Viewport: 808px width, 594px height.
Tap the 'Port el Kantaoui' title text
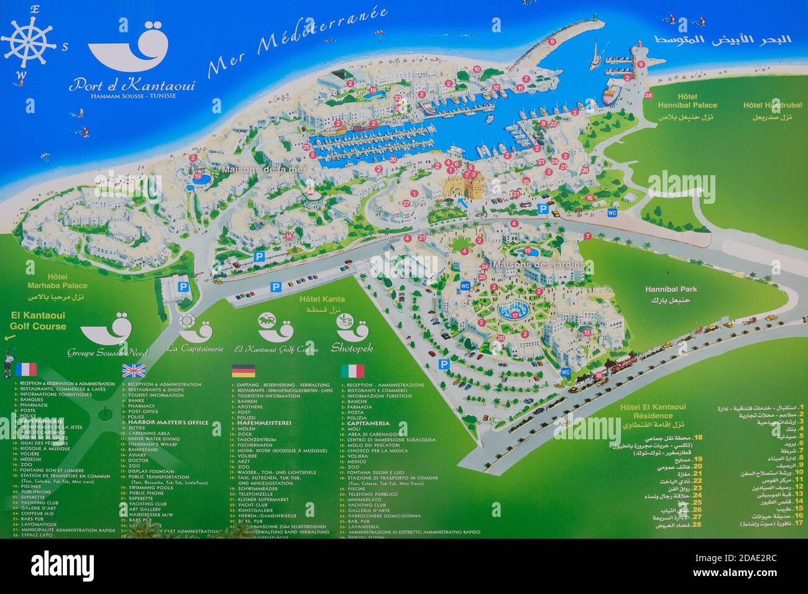pyautogui.click(x=132, y=84)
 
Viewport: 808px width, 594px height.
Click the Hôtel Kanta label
pyautogui.click(x=321, y=299)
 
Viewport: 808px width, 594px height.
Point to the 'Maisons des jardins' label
pyautogui.click(x=539, y=265)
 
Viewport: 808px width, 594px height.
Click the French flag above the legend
pyautogui.click(x=27, y=370)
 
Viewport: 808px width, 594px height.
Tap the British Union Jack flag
pyautogui.click(x=133, y=371)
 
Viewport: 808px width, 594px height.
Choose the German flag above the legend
pyautogui.click(x=244, y=371)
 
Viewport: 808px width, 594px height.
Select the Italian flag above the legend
pyautogui.click(x=352, y=371)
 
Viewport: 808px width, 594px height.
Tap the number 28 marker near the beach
pyautogui.click(x=648, y=96)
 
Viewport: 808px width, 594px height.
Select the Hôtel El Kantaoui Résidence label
pyautogui.click(x=653, y=411)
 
